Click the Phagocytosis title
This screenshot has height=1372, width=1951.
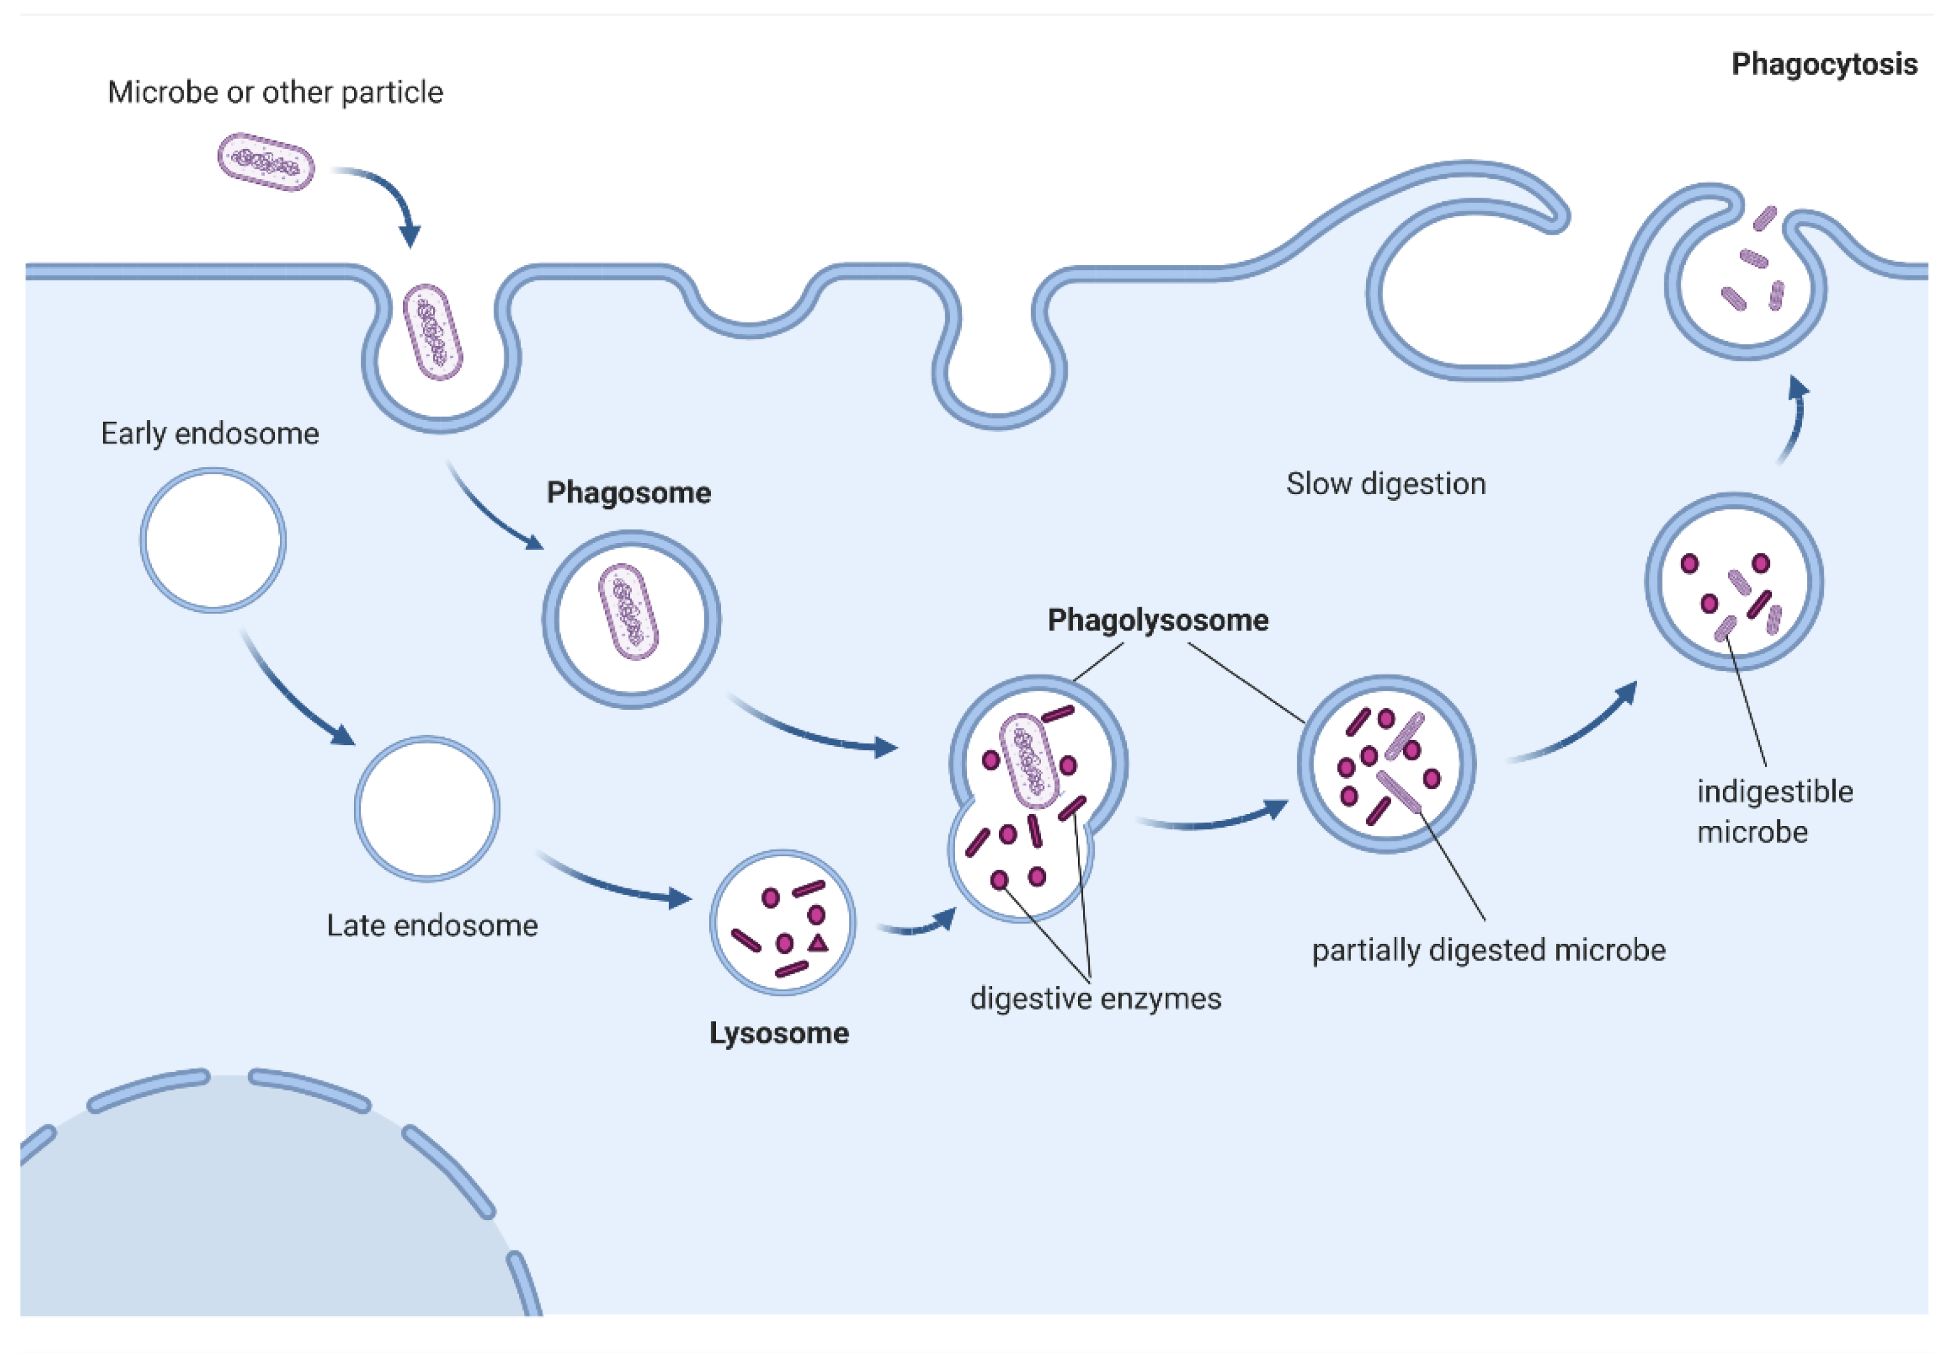point(1824,65)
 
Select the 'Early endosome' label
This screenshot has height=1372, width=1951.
point(210,433)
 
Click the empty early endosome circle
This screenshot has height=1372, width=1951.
point(213,541)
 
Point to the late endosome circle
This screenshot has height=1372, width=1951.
point(426,808)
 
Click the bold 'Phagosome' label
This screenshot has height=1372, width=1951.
point(629,493)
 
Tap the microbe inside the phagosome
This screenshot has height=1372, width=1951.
point(629,612)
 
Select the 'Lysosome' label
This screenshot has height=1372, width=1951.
point(779,1033)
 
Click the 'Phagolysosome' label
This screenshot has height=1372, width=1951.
point(1157,620)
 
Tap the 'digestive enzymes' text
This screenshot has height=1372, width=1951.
point(1095,998)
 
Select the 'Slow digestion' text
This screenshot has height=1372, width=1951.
point(1385,484)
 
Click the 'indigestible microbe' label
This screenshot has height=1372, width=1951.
point(1774,810)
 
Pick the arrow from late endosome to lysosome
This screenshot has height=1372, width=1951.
point(612,883)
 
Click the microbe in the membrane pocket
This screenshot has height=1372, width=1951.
point(432,331)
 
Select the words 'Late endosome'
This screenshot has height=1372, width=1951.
point(432,925)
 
